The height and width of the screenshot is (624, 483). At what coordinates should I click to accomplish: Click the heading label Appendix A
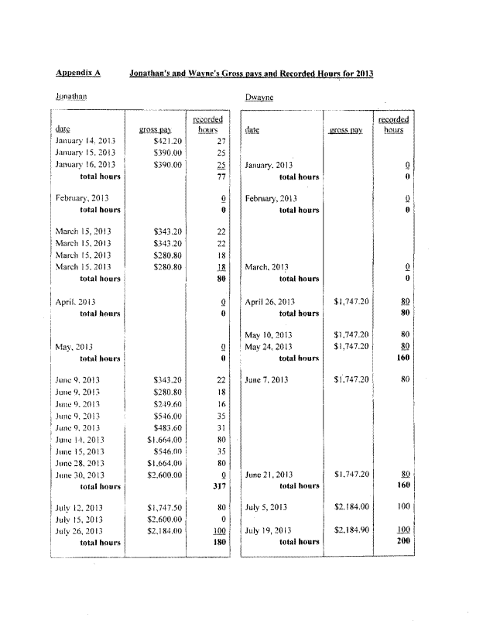click(78, 73)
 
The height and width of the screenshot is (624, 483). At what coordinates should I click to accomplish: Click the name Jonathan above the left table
click(70, 97)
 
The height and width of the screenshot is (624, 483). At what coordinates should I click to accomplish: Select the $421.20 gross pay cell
click(167, 142)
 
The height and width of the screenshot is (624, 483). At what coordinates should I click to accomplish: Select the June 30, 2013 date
click(81, 475)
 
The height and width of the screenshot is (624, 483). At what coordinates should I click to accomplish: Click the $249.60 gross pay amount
click(167, 405)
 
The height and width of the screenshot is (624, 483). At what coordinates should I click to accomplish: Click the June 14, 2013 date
click(81, 440)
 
